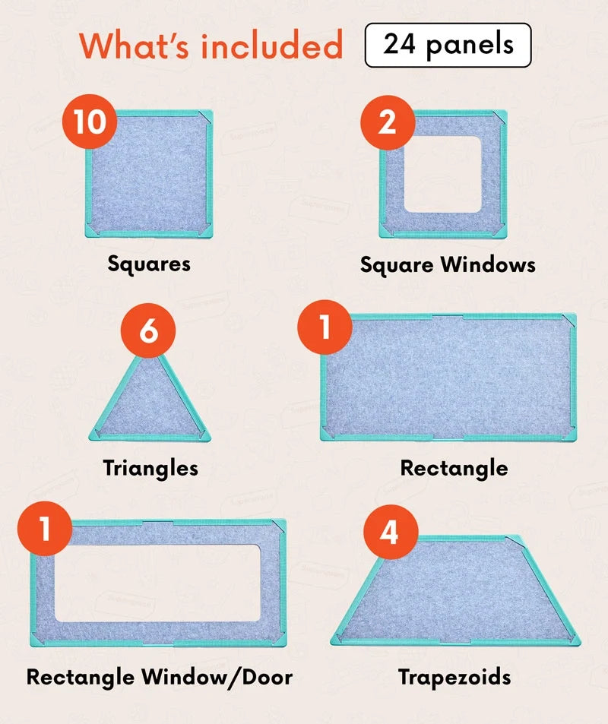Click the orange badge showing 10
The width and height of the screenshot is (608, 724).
pyautogui.click(x=90, y=122)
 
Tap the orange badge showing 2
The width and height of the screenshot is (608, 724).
pyautogui.click(x=388, y=122)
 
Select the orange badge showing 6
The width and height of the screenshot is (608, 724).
pyautogui.click(x=148, y=330)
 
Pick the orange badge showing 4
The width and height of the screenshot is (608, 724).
pyautogui.click(x=391, y=532)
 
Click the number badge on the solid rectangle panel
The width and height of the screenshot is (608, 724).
pyautogui.click(x=325, y=327)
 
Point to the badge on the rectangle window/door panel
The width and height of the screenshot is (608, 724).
pyautogui.click(x=45, y=529)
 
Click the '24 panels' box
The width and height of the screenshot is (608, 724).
pyautogui.click(x=448, y=45)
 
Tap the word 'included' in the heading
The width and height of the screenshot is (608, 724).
pyautogui.click(x=271, y=46)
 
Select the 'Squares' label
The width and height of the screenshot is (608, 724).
pyautogui.click(x=149, y=264)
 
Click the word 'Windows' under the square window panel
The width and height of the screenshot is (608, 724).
pyautogui.click(x=488, y=265)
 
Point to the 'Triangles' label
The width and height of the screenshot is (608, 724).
pyautogui.click(x=150, y=468)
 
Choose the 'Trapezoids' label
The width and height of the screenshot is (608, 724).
pyautogui.click(x=455, y=678)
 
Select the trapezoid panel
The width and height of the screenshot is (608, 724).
pyautogui.click(x=455, y=596)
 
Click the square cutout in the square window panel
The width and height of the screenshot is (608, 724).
pyautogui.click(x=442, y=174)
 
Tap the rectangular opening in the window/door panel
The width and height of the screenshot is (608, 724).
pyautogui.click(x=157, y=583)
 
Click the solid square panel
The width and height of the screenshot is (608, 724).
pyautogui.click(x=149, y=174)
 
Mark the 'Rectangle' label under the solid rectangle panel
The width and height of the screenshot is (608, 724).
pyautogui.click(x=454, y=468)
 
